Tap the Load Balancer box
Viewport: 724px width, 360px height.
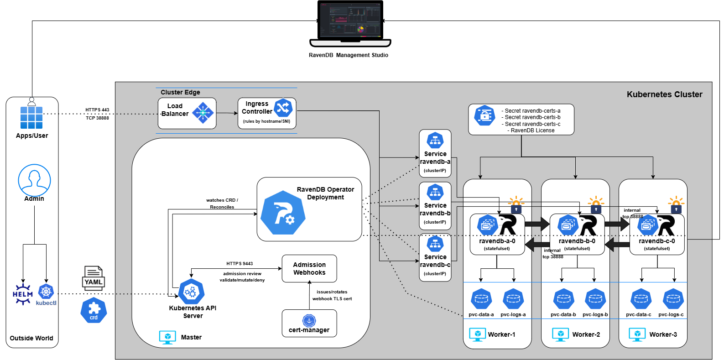pos(187,113)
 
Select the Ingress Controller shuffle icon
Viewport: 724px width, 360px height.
pos(283,108)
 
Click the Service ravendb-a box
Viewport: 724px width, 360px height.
pos(435,153)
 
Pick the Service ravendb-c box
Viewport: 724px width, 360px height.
pos(435,257)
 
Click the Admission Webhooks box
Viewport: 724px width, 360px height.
pos(309,269)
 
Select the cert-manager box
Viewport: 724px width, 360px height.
pos(309,323)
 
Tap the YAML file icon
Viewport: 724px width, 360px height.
pos(94,278)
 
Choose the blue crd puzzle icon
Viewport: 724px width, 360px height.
pos(94,311)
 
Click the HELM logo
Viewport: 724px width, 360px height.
pos(22,293)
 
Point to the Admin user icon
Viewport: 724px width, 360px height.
pos(34,180)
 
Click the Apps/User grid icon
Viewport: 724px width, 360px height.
pos(31,117)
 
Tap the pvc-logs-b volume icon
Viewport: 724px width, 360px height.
pos(595,299)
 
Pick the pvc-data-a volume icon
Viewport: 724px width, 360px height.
pos(481,299)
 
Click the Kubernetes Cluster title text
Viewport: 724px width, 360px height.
pos(664,94)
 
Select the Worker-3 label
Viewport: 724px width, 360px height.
pos(663,334)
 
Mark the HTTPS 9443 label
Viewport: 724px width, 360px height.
pos(240,264)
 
